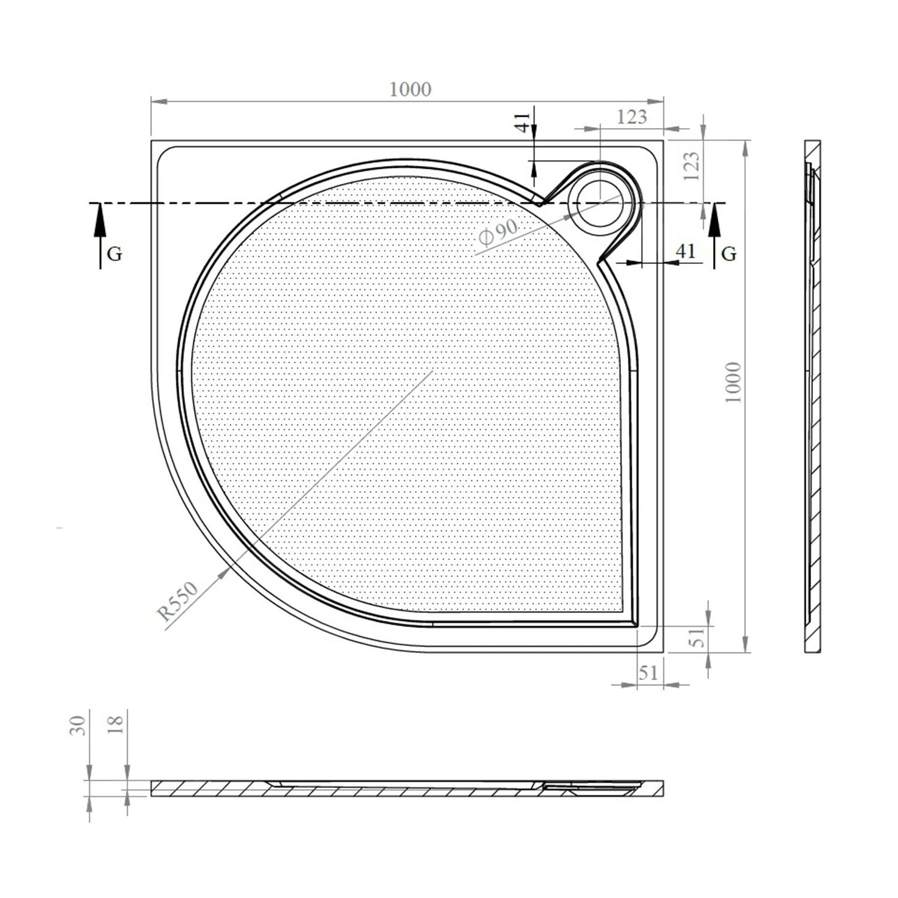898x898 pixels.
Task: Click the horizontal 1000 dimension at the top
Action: [x=410, y=89]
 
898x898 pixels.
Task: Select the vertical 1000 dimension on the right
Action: [x=733, y=382]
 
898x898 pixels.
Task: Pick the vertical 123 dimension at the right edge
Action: [x=691, y=166]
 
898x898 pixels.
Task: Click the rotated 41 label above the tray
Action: [x=522, y=123]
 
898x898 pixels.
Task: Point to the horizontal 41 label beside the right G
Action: [x=685, y=250]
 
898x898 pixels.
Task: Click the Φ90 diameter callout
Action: [x=497, y=232]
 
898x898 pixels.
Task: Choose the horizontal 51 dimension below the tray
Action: [x=648, y=673]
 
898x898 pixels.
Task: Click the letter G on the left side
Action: [x=114, y=254]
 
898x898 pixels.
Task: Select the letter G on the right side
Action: [x=729, y=254]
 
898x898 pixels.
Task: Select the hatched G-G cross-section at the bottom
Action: [x=407, y=788]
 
